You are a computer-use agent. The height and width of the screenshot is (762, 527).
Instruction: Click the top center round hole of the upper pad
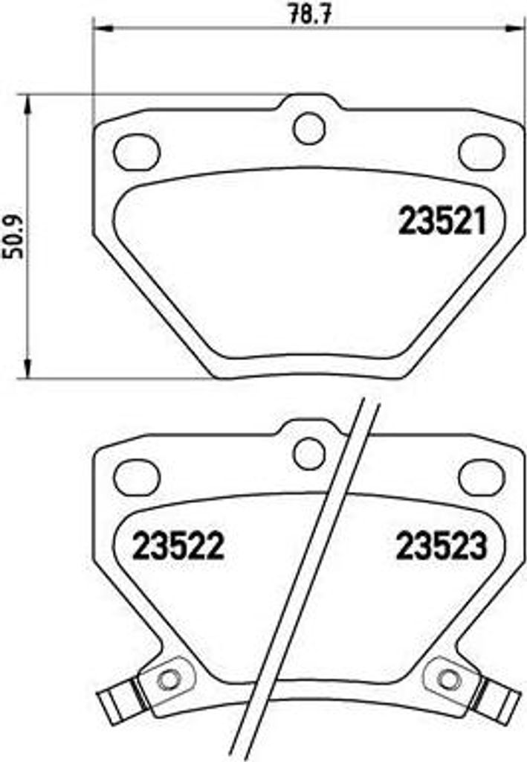pyautogui.click(x=309, y=127)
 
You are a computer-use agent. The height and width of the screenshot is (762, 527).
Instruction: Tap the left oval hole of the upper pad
pyautogui.click(x=137, y=152)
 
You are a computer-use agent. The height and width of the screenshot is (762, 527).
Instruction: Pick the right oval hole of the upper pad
pyautogui.click(x=482, y=152)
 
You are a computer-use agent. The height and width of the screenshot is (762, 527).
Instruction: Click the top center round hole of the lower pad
pyautogui.click(x=309, y=453)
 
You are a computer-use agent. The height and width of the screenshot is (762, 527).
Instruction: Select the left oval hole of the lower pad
pyautogui.click(x=137, y=477)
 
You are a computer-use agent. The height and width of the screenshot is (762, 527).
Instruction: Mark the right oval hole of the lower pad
pyautogui.click(x=482, y=477)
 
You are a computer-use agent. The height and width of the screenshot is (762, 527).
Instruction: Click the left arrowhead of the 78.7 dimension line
pyautogui.click(x=99, y=29)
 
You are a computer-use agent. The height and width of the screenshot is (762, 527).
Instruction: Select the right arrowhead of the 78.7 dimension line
pyautogui.click(x=520, y=29)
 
